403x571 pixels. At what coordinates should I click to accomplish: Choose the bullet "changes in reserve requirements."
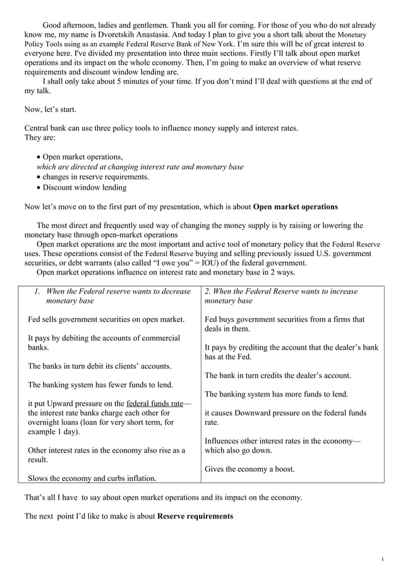tap(95, 176)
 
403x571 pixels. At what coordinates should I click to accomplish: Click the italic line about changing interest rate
tap(140, 167)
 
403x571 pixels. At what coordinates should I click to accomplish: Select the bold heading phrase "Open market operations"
tap(295, 206)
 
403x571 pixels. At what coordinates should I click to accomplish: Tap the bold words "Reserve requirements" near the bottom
tap(195, 516)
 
